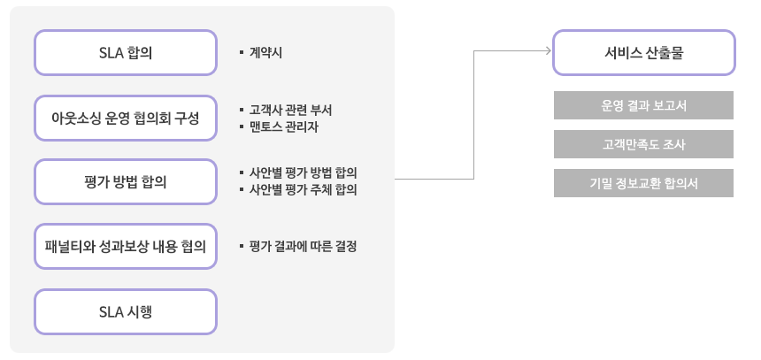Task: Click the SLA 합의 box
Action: [126, 53]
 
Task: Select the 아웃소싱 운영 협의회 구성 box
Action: [126, 118]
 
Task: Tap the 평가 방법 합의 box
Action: [126, 182]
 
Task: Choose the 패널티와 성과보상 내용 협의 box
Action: [126, 247]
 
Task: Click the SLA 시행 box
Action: [126, 311]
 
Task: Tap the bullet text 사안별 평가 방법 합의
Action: [303, 172]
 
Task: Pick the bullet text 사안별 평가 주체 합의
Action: [303, 188]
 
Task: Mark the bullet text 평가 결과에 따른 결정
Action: [303, 247]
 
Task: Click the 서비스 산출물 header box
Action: [643, 52]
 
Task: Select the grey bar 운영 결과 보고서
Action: [643, 105]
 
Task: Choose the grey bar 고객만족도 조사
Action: [643, 144]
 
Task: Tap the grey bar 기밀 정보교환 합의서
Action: [643, 183]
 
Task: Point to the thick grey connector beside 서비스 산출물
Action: [512, 50]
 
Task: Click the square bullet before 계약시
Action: [241, 53]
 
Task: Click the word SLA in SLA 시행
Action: [111, 311]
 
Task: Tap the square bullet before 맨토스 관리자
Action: [241, 126]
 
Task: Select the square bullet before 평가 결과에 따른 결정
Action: [241, 247]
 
